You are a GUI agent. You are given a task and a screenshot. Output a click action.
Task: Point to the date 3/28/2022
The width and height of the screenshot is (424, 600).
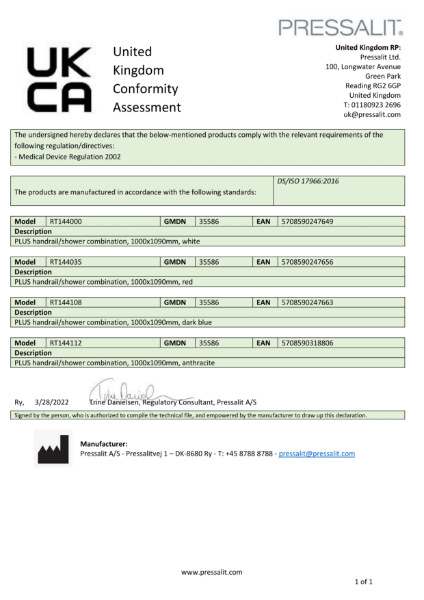[48, 401]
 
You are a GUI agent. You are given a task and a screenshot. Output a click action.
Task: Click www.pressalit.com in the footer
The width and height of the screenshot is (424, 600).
[211, 571]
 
